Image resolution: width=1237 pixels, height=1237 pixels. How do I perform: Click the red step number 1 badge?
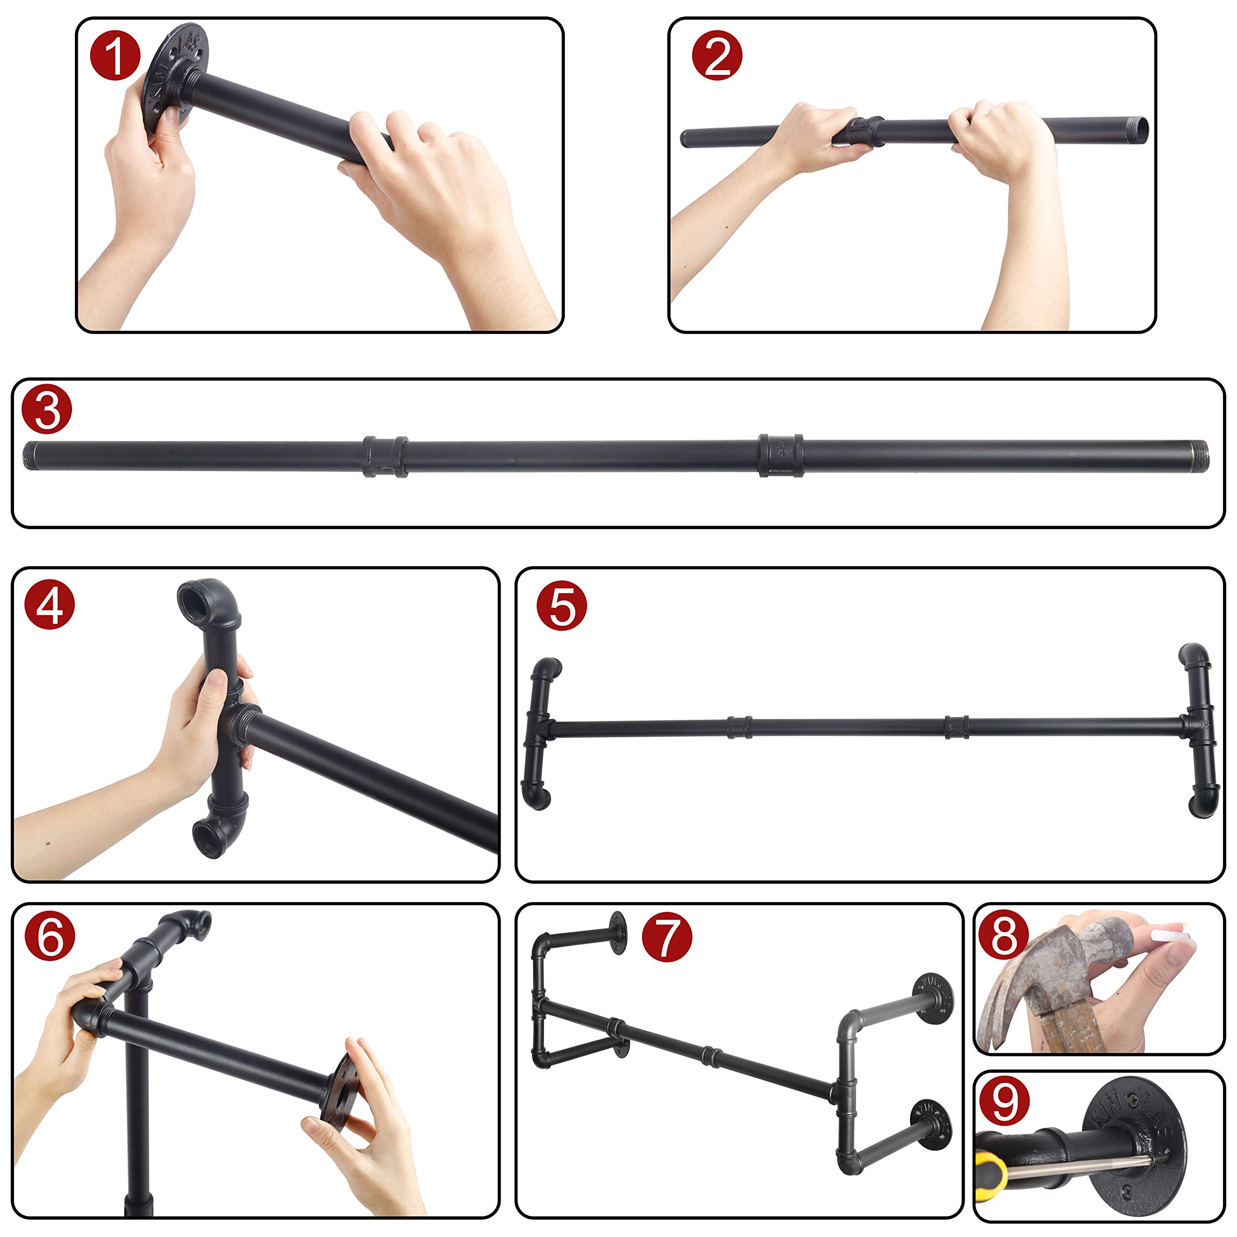coord(115,57)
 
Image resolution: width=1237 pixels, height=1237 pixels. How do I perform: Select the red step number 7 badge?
coord(666,937)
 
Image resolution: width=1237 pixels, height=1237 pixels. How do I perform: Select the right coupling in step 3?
coord(780,455)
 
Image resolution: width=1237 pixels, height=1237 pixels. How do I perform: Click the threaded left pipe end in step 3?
coord(31,455)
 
